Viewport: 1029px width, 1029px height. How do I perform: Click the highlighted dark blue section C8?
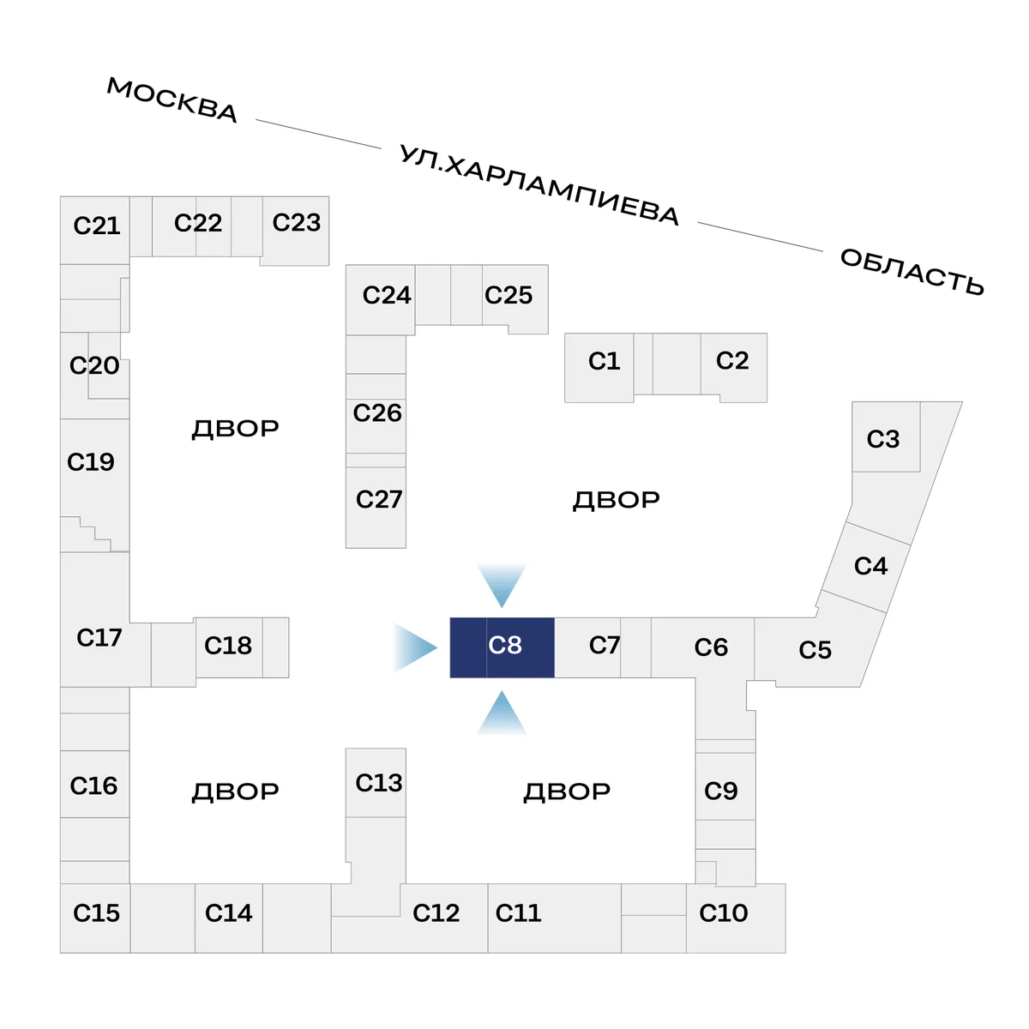point(502,647)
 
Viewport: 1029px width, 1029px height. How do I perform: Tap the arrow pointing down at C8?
point(502,585)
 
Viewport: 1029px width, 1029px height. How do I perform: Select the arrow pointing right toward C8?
point(415,647)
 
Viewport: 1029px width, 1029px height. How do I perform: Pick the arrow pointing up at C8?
point(502,713)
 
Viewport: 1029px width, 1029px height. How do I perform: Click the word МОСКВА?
point(172,99)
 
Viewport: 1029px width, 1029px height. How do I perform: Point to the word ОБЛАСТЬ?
point(912,271)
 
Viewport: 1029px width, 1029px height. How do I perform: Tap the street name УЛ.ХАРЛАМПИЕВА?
point(539,184)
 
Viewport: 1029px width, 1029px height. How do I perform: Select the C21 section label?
point(97,226)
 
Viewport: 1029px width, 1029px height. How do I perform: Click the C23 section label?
point(297,222)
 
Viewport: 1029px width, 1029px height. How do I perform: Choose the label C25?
point(508,295)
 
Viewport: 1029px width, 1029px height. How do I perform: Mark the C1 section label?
point(604,361)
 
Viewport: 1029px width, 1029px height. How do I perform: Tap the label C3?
point(883,439)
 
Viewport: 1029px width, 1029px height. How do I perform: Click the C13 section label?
point(379,783)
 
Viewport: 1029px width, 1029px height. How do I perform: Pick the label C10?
point(723,912)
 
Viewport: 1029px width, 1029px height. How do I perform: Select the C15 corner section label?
point(96,912)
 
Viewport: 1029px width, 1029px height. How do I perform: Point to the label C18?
point(228,646)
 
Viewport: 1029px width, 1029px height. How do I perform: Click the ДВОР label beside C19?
point(235,429)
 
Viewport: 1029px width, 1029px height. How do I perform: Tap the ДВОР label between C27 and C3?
point(617,500)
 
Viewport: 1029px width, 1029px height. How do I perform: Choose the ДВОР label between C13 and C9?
point(567,791)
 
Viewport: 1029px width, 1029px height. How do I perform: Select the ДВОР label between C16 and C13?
point(235,791)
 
